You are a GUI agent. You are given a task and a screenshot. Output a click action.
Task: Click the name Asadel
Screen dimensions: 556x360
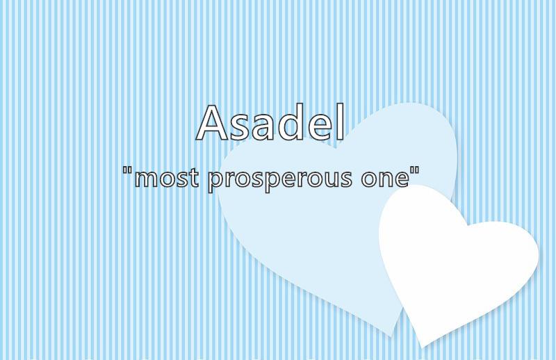(270, 122)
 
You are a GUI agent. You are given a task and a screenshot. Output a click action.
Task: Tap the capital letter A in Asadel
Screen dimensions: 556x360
(212, 122)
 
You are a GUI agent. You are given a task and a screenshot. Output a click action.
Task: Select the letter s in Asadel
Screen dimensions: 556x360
(240, 127)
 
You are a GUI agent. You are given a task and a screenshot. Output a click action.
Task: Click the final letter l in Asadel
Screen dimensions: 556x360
(340, 122)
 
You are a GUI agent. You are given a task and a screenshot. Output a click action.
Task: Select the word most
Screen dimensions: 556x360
(166, 177)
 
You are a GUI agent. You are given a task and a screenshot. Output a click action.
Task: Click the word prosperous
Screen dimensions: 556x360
(280, 180)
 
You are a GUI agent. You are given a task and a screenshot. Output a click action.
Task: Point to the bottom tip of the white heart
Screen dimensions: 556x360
(423, 347)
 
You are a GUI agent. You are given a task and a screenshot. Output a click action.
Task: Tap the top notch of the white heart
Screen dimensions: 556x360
(468, 225)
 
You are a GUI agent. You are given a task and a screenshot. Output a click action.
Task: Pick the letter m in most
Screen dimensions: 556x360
(147, 179)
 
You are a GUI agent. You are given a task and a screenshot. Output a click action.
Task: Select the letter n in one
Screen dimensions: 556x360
(385, 179)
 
